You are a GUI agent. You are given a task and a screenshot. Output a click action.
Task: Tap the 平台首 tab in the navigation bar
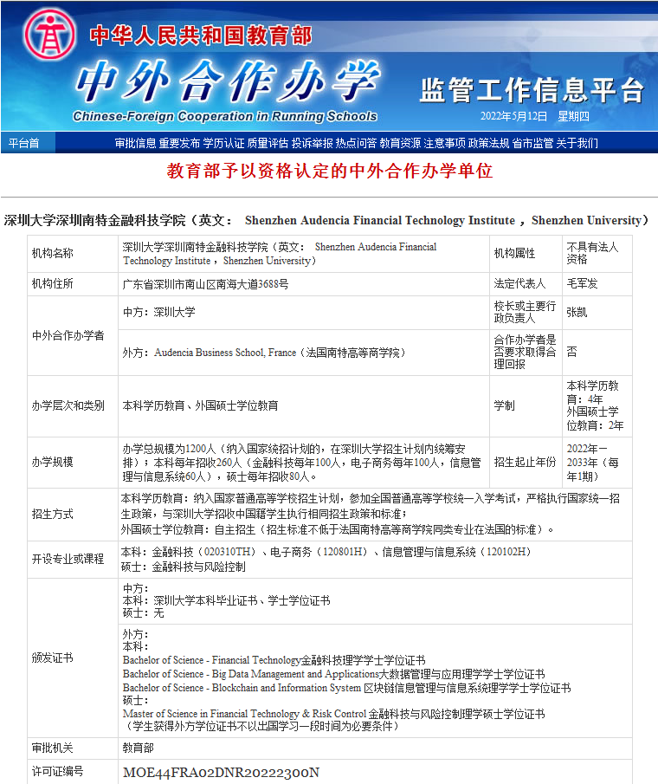[23, 143]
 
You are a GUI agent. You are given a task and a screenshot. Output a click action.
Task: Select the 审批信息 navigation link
[135, 143]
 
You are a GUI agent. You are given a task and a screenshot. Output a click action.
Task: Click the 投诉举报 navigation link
[313, 143]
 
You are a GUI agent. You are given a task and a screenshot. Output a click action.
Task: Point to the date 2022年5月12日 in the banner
[514, 116]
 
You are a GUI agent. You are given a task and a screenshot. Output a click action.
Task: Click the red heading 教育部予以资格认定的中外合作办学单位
[329, 171]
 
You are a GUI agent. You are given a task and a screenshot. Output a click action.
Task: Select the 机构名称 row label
[53, 253]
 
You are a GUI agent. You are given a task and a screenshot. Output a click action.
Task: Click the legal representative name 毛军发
[582, 283]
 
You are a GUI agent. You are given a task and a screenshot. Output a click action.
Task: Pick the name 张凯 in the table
[577, 312]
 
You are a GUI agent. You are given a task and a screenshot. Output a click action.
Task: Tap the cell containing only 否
[571, 353]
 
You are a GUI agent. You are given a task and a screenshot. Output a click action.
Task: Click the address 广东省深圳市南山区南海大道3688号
[205, 283]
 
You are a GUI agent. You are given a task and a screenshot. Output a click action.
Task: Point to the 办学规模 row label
[53, 462]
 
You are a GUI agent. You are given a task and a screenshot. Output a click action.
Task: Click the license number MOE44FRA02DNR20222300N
[221, 772]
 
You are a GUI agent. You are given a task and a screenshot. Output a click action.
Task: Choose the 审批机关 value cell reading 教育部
[138, 747]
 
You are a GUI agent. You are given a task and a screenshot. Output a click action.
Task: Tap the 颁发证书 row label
[53, 658]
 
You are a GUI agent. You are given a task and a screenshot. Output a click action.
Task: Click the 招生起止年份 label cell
[525, 462]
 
